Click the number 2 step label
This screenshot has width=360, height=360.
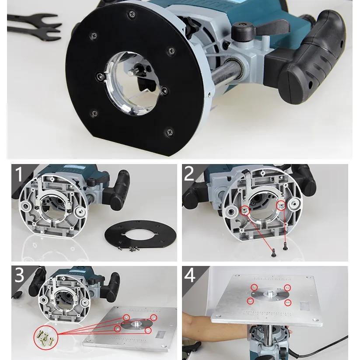pos(189,174)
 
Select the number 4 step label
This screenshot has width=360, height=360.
pos(189,275)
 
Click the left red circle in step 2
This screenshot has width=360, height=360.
pos(244,211)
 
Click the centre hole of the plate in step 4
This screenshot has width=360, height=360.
pos(269,294)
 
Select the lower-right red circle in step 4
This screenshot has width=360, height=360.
pos(287,303)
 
